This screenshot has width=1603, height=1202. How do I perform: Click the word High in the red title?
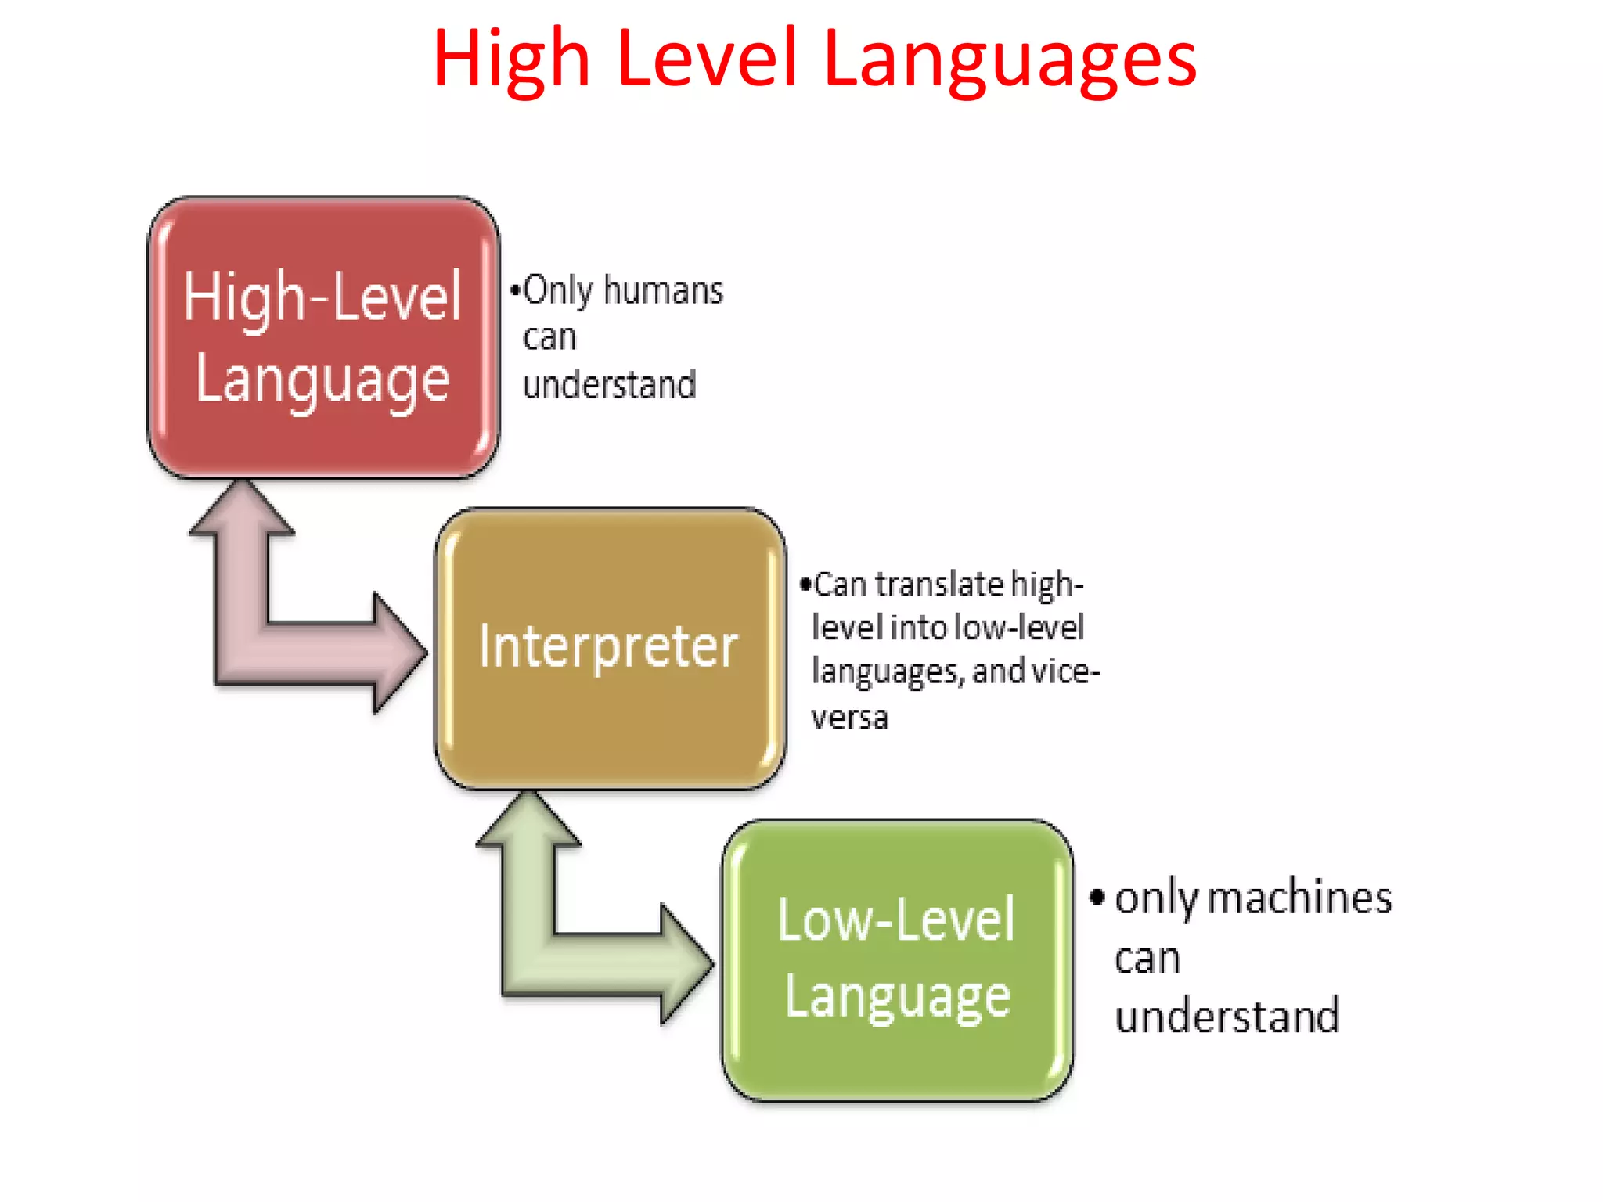[511, 59]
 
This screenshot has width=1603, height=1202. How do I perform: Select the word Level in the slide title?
[707, 58]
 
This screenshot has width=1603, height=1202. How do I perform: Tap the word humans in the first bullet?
[663, 290]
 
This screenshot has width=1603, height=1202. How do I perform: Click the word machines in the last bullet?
[1300, 898]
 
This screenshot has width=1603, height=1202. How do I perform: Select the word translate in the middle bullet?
[939, 585]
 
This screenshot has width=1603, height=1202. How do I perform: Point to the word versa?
[849, 718]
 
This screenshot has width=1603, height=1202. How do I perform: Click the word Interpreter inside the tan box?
[608, 646]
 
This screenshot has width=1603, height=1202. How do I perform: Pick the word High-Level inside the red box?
[322, 297]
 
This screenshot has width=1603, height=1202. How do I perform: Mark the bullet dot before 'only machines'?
[1097, 898]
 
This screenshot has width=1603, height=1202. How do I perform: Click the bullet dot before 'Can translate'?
[805, 584]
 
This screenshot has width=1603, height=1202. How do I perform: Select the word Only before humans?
[558, 290]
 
